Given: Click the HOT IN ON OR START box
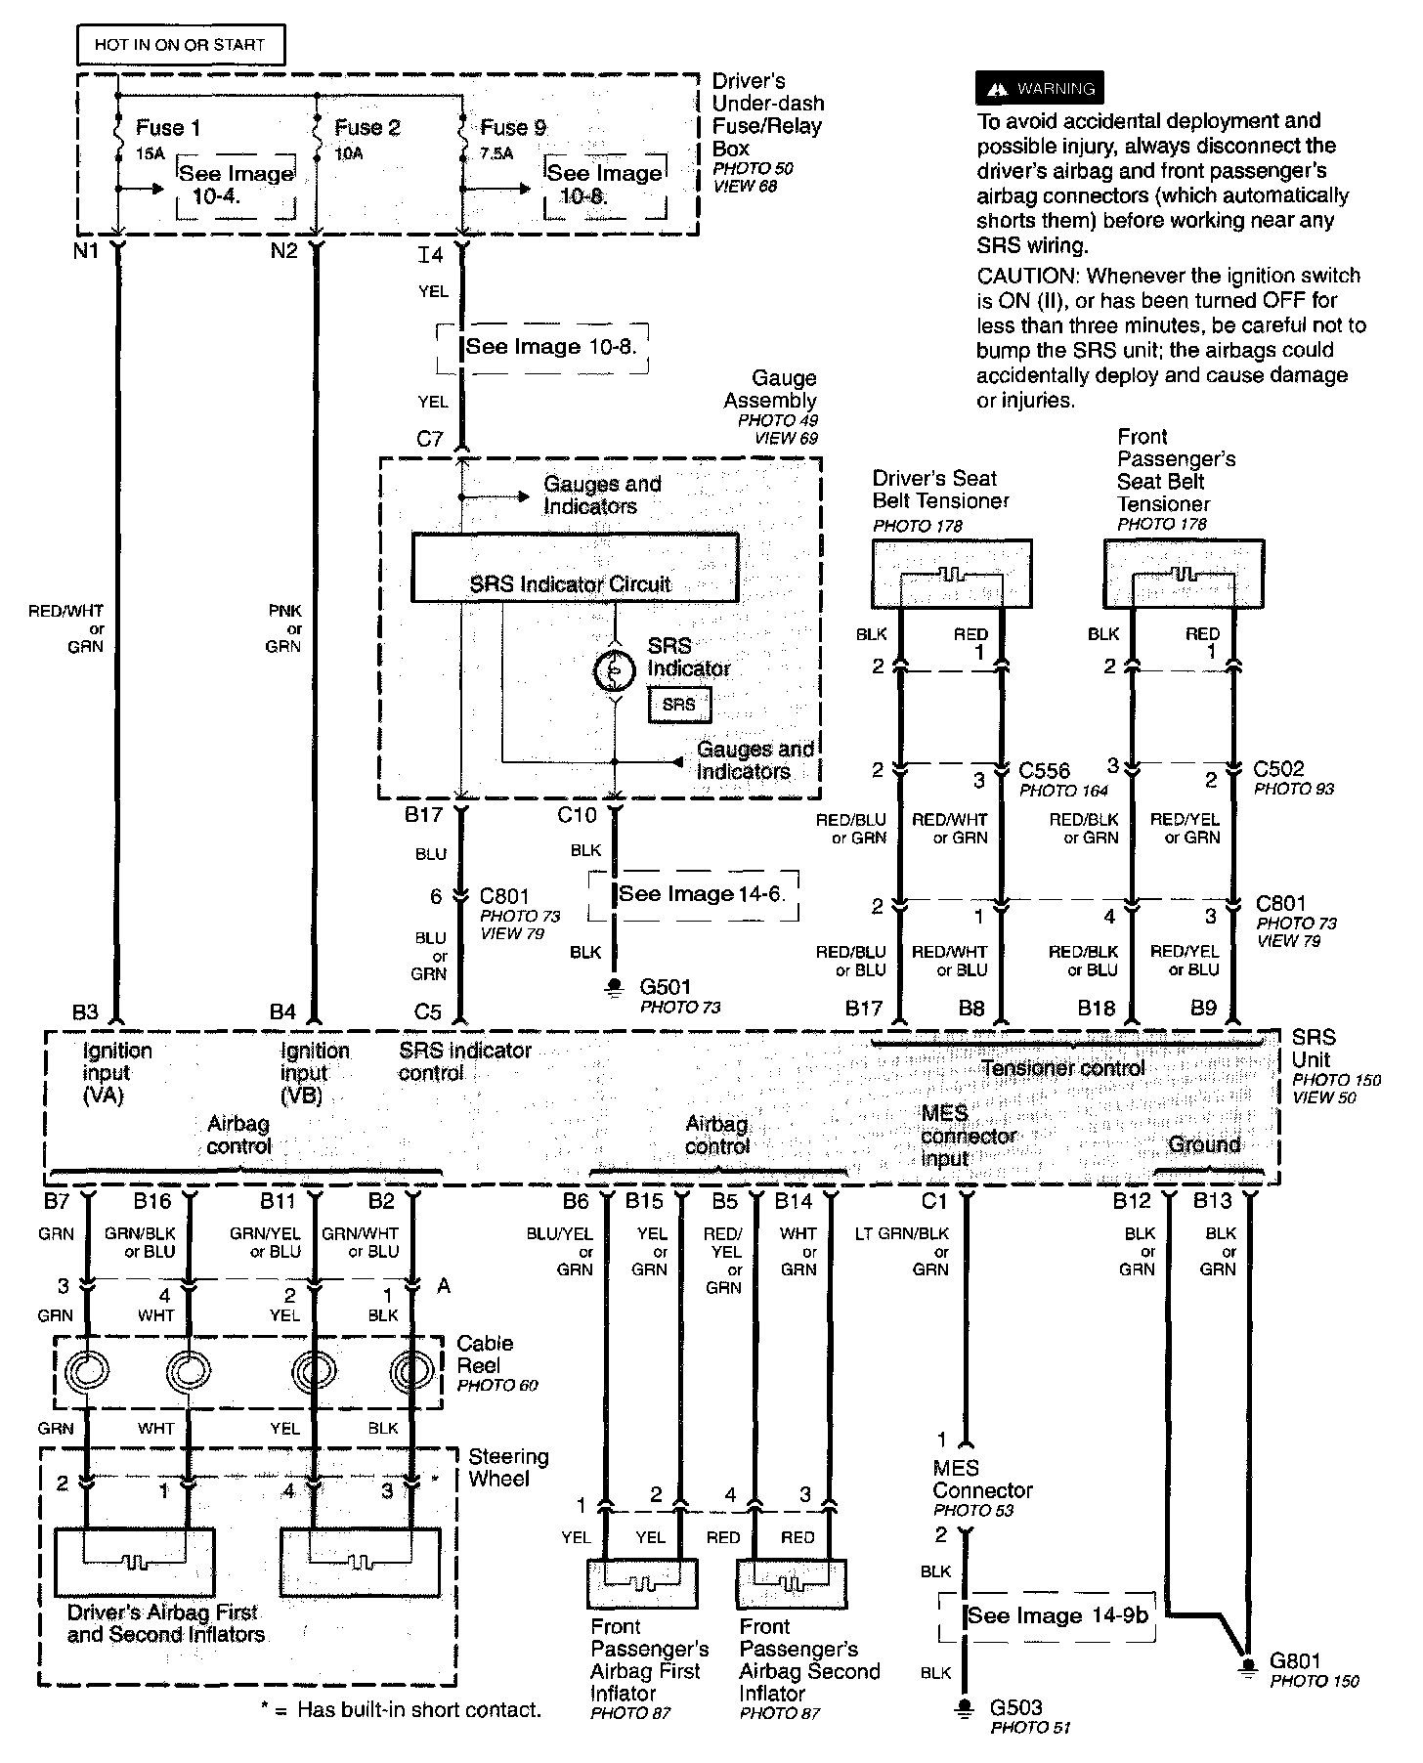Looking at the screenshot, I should (x=180, y=45).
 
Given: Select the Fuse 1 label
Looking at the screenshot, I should (x=168, y=128).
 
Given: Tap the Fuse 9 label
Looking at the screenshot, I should (x=513, y=128).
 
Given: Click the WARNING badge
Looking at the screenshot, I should (x=1040, y=89).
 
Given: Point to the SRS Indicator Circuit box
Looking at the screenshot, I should (x=574, y=568).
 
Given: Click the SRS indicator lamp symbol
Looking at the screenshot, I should (x=615, y=670).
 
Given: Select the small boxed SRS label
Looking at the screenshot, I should (x=679, y=705).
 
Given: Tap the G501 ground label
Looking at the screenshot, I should (x=665, y=987).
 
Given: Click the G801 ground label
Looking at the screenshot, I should (x=1295, y=1660).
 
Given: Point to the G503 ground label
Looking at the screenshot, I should (x=1015, y=1707).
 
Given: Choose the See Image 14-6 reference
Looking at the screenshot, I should (x=701, y=894).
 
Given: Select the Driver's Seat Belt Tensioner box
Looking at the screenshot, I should (x=951, y=574).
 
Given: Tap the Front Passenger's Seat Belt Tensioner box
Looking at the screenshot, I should (x=1183, y=574).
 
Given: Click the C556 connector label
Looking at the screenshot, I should (x=1044, y=771).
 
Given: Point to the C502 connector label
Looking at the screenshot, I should (x=1279, y=769).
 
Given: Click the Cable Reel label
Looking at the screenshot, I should (x=485, y=1354).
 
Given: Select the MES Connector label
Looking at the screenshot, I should (x=981, y=1480).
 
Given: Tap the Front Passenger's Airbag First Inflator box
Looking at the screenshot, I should (x=642, y=1584).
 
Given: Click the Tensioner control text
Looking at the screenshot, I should (x=1062, y=1068).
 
